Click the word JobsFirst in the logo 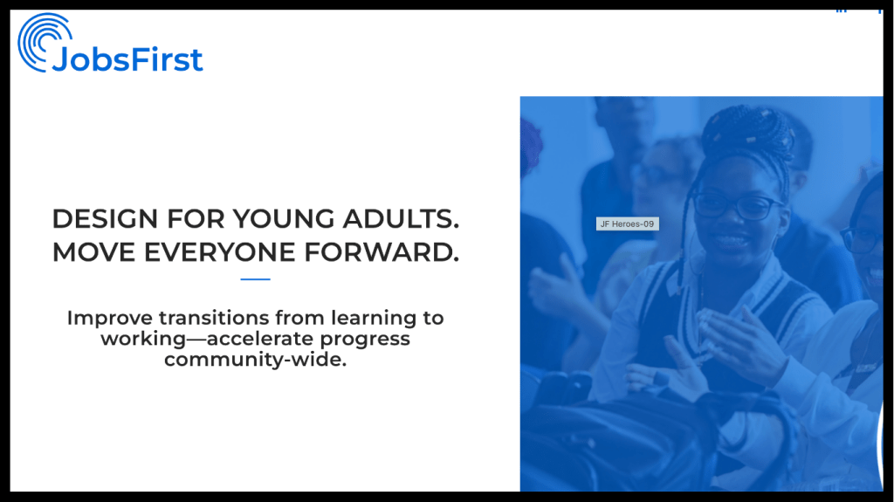click(x=127, y=59)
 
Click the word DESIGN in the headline click(x=105, y=218)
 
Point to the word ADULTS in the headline click(x=401, y=218)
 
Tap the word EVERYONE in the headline click(x=219, y=252)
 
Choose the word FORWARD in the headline click(x=382, y=252)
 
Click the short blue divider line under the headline click(x=256, y=279)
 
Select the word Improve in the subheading click(x=110, y=319)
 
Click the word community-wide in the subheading click(x=256, y=360)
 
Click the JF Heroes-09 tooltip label click(x=627, y=223)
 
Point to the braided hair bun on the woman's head click(x=748, y=132)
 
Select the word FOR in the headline click(x=196, y=218)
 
